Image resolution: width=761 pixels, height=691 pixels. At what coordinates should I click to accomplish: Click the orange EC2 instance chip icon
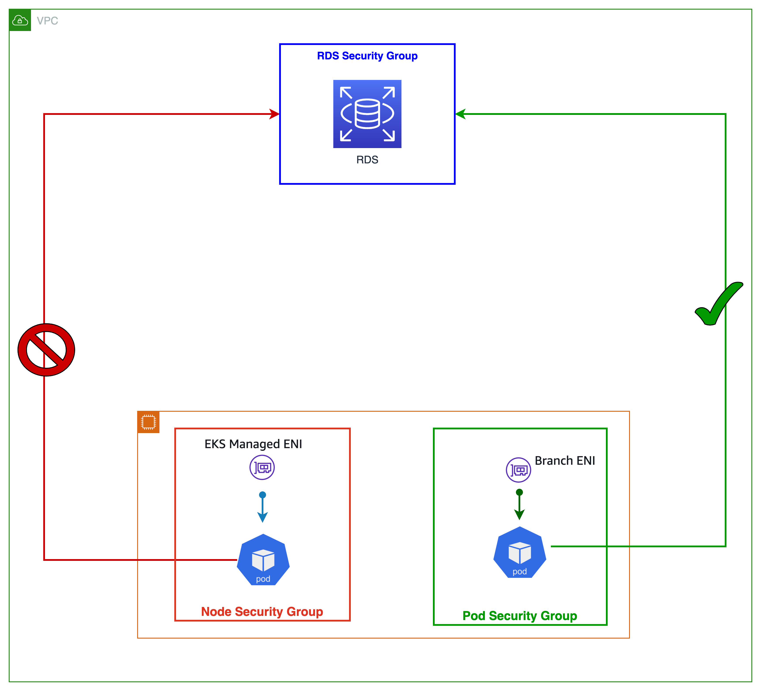point(148,422)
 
